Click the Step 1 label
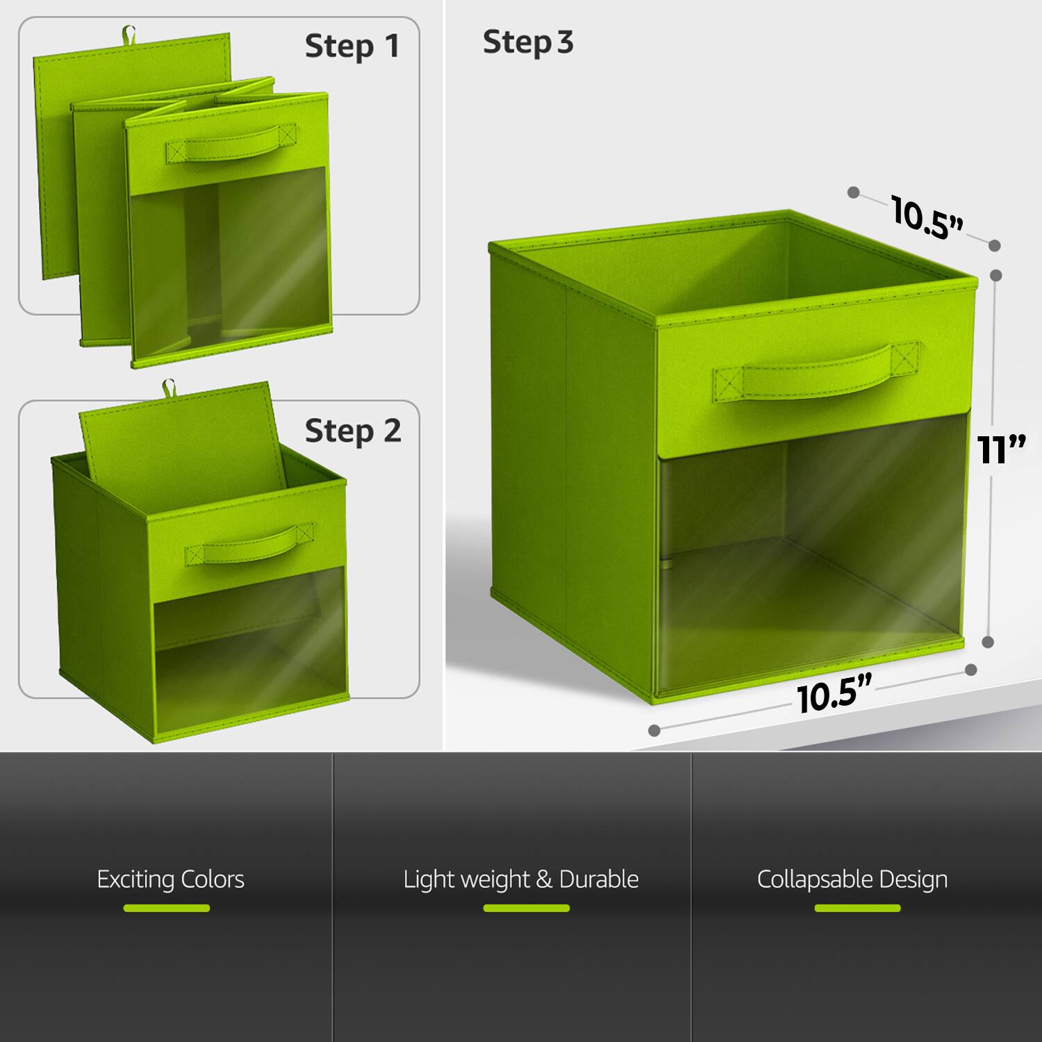click(x=352, y=47)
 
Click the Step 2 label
click(x=353, y=431)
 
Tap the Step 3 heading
click(x=528, y=42)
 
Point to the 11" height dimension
click(x=1000, y=449)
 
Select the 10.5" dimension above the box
click(x=927, y=218)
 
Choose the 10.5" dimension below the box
click(x=833, y=694)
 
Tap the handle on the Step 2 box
click(x=249, y=545)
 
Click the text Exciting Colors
click(x=170, y=879)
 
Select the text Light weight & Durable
click(x=521, y=879)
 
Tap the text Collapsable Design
click(x=852, y=879)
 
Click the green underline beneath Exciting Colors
click(x=167, y=908)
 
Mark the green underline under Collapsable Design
click(x=857, y=908)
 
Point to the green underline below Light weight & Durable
click(x=526, y=908)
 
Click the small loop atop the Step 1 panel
click(x=128, y=33)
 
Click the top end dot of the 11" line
click(x=995, y=275)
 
